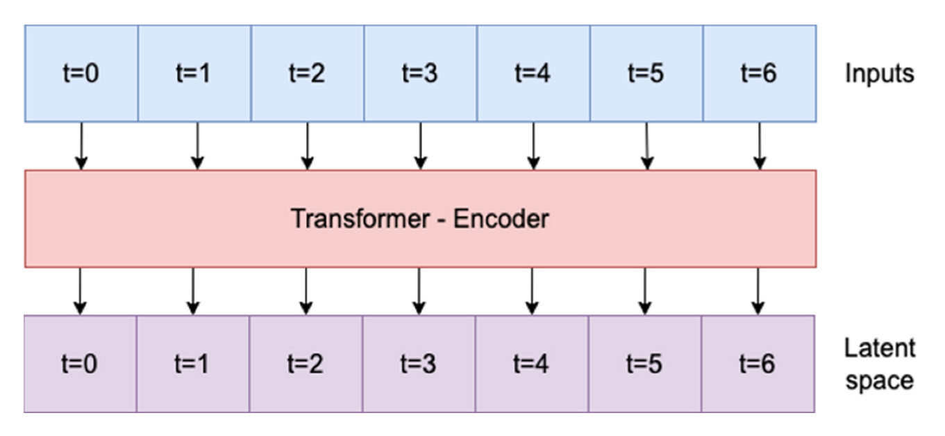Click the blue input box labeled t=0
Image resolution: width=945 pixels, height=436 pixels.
(x=81, y=74)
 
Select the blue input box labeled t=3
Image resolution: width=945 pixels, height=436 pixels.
(x=420, y=74)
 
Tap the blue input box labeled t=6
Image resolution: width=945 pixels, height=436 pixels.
(x=759, y=74)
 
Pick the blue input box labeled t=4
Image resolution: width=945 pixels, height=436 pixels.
(x=533, y=74)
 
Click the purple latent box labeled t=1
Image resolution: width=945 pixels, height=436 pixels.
(x=193, y=364)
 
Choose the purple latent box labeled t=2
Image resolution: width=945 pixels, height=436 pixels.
(x=306, y=364)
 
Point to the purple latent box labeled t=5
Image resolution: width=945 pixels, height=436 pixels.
(x=644, y=364)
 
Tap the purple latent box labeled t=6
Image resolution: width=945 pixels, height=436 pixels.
(x=758, y=364)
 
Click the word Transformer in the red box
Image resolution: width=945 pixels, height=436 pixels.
(x=360, y=219)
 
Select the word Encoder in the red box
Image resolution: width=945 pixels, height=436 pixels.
(x=501, y=219)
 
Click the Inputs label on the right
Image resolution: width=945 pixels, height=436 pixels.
(x=879, y=74)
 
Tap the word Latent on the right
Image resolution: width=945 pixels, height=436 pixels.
(x=879, y=348)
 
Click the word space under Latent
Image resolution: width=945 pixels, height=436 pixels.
(x=879, y=381)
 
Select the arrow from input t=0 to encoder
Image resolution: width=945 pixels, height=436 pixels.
(x=81, y=146)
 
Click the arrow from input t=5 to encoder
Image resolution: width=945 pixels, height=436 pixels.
(x=647, y=146)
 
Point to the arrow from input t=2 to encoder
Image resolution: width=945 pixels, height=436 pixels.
(x=306, y=146)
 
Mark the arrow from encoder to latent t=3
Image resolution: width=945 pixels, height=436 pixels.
(x=419, y=291)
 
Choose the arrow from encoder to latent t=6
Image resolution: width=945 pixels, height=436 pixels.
(x=758, y=291)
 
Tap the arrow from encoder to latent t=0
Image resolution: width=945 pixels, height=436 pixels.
(x=80, y=291)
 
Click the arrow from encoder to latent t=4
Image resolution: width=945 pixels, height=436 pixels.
(x=532, y=291)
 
